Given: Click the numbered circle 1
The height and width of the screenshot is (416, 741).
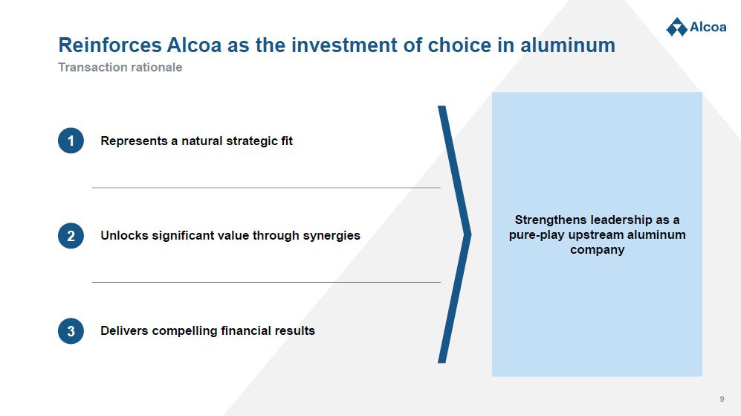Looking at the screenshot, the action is pos(71,141).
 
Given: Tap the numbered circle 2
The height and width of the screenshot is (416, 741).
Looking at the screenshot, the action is pos(71,236).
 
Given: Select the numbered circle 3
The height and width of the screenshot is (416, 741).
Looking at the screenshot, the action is pos(71,331).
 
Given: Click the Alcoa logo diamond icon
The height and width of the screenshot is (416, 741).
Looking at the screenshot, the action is pos(677,27).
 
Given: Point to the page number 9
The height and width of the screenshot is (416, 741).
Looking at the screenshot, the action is pos(722,399).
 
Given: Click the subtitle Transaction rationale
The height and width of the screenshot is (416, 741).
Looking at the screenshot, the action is pos(120,67).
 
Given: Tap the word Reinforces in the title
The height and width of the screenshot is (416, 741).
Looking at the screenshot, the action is pos(110,45).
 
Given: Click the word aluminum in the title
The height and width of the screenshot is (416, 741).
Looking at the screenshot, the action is pos(568,45).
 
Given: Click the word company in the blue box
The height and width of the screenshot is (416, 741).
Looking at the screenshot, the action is pos(598,250).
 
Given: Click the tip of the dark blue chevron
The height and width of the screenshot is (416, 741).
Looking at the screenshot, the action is pos(470,234).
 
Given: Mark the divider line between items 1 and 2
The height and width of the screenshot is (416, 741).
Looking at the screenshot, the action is pos(267,188).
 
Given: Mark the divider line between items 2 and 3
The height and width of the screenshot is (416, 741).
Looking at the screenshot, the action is pos(267,283).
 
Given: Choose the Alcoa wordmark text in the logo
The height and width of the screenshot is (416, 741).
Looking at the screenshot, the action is pos(708,27).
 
